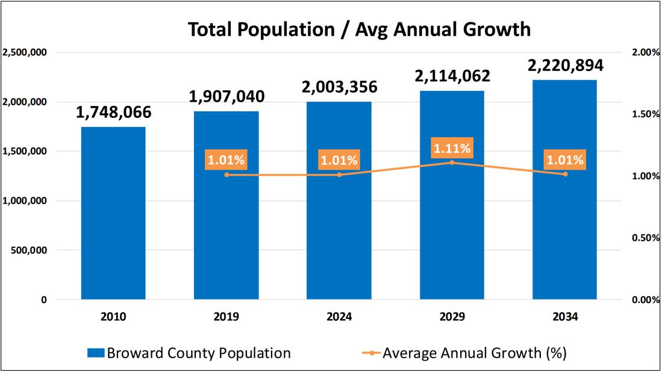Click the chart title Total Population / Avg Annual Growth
click(x=360, y=29)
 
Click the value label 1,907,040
click(x=226, y=96)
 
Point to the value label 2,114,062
click(x=452, y=76)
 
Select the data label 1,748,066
click(x=113, y=112)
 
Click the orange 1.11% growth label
click(x=452, y=147)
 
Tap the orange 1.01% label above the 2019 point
click(x=226, y=160)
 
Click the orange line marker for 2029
click(x=452, y=163)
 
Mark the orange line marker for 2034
click(x=565, y=175)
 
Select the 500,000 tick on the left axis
click(x=29, y=250)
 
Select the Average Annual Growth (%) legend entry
click(x=466, y=353)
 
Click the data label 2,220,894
click(x=565, y=65)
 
